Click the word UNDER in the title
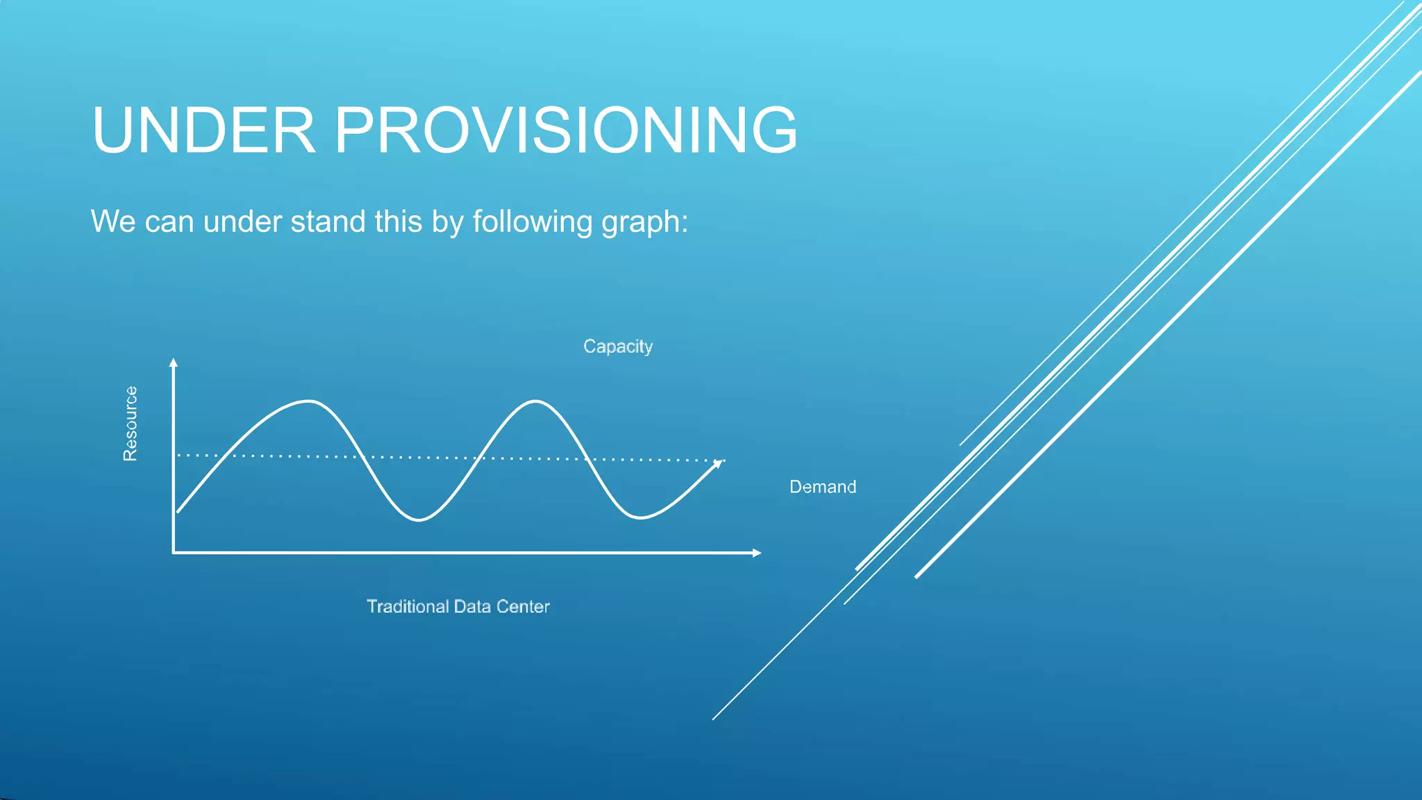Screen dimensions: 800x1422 (203, 131)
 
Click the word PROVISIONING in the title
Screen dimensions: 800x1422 (566, 131)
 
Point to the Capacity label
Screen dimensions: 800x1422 (617, 347)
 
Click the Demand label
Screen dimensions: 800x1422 (822, 487)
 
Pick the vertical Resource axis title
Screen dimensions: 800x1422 (131, 424)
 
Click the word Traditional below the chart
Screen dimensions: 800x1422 (408, 606)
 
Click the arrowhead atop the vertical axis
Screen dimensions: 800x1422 (174, 362)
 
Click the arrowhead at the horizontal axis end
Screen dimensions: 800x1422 (757, 553)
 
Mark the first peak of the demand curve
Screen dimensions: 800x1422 (308, 401)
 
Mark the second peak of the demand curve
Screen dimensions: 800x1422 (535, 401)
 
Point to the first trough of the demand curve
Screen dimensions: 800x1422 (419, 519)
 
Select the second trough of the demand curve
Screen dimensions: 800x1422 (639, 517)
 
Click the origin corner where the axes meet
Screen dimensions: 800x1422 (174, 553)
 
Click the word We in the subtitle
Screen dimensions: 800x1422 (112, 222)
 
